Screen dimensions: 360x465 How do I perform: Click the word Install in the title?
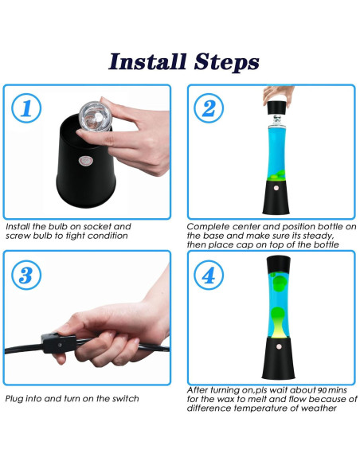pyautogui.click(x=147, y=61)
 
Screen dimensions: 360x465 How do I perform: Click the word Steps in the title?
pyautogui.click(x=226, y=62)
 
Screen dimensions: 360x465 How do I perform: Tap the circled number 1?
pyautogui.click(x=26, y=108)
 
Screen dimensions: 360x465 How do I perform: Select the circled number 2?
pyautogui.click(x=209, y=108)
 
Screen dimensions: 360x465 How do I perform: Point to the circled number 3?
pyautogui.click(x=26, y=275)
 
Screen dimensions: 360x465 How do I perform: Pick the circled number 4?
pyautogui.click(x=209, y=275)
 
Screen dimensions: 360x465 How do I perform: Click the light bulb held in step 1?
pyautogui.click(x=95, y=116)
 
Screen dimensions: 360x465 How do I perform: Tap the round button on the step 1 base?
pyautogui.click(x=86, y=162)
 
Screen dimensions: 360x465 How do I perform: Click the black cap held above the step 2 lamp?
pyautogui.click(x=277, y=108)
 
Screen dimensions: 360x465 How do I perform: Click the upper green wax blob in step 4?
pyautogui.click(x=279, y=283)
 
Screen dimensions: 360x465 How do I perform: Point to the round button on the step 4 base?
pyautogui.click(x=279, y=346)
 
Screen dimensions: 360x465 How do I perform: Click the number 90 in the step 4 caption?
pyautogui.click(x=323, y=389)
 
